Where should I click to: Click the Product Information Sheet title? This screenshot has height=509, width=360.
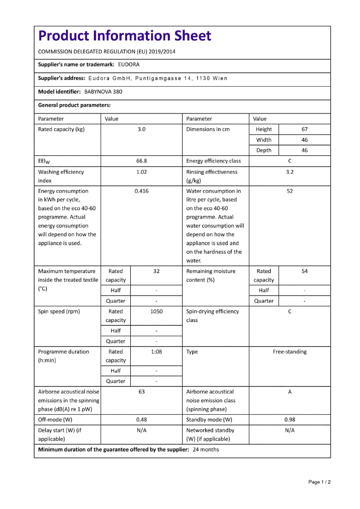tap(124, 36)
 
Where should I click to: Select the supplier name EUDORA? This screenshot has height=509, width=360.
tap(129, 65)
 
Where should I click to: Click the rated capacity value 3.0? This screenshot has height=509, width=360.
tap(141, 129)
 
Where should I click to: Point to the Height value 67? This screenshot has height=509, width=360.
tap(304, 129)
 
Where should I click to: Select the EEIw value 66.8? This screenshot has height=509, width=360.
tap(141, 161)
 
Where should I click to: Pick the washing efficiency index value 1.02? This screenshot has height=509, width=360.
tap(141, 172)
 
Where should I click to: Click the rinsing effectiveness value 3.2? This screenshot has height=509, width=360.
tap(290, 172)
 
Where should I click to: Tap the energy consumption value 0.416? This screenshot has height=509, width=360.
tap(141, 191)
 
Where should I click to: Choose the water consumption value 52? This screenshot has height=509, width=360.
tap(290, 191)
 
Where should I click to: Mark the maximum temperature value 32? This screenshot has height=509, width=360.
tap(156, 271)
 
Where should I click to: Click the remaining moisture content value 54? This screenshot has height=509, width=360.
tap(304, 271)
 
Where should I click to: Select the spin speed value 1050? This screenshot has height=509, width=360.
tap(156, 312)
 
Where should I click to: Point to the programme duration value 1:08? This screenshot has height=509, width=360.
tap(156, 352)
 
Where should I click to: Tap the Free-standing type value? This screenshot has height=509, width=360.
tap(290, 352)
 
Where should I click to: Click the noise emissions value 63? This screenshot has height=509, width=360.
tap(141, 392)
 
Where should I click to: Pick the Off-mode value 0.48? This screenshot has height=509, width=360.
tap(141, 420)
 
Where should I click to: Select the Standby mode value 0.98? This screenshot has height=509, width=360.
tap(290, 420)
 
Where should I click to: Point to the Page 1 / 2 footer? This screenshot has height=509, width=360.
tap(320, 482)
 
